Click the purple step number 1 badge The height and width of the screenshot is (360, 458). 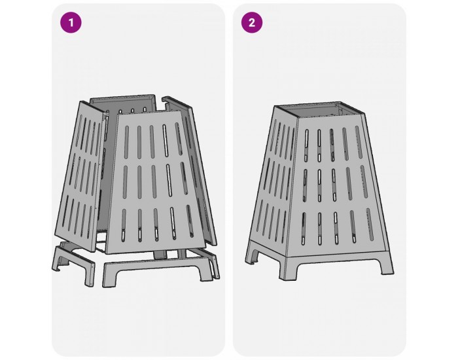71,22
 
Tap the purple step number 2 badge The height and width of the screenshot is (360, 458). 252,22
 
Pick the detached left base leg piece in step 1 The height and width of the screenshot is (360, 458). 73,261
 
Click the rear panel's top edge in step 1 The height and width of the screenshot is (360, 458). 122,97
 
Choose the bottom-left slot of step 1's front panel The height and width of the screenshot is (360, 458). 124,225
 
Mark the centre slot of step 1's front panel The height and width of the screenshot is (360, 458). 154,181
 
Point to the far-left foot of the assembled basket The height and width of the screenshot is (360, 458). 252,253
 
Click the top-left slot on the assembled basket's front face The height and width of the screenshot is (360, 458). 306,145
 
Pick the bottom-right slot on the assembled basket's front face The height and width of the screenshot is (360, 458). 370,225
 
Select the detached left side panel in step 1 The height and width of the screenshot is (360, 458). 80,176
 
